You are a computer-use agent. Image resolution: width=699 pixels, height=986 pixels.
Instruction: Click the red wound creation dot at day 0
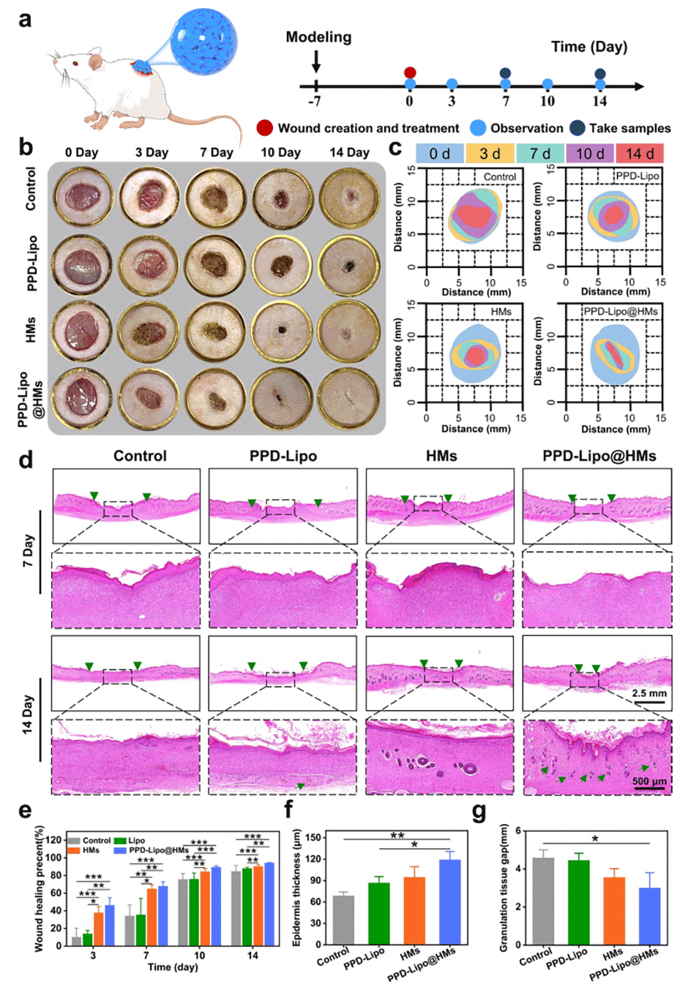tap(410, 72)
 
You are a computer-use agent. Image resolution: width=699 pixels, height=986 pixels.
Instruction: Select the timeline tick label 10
tap(547, 101)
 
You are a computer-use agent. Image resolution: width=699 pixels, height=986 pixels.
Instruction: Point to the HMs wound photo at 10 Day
tap(282, 331)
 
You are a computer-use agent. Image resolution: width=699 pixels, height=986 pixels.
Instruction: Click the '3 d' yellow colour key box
tap(490, 154)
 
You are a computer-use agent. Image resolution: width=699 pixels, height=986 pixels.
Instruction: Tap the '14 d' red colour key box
tap(640, 154)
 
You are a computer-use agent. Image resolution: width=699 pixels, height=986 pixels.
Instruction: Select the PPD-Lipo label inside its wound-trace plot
tap(637, 176)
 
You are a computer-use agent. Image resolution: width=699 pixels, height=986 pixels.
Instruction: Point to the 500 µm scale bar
tap(650, 788)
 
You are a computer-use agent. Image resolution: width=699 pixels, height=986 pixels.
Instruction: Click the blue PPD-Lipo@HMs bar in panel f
tap(449, 901)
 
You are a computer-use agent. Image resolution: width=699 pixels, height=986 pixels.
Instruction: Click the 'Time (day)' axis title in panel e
tap(173, 967)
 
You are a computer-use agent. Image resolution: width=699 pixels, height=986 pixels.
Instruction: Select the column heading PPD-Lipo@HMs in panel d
tap(599, 456)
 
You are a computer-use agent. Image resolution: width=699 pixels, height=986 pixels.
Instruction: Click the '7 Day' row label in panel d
tap(28, 550)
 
